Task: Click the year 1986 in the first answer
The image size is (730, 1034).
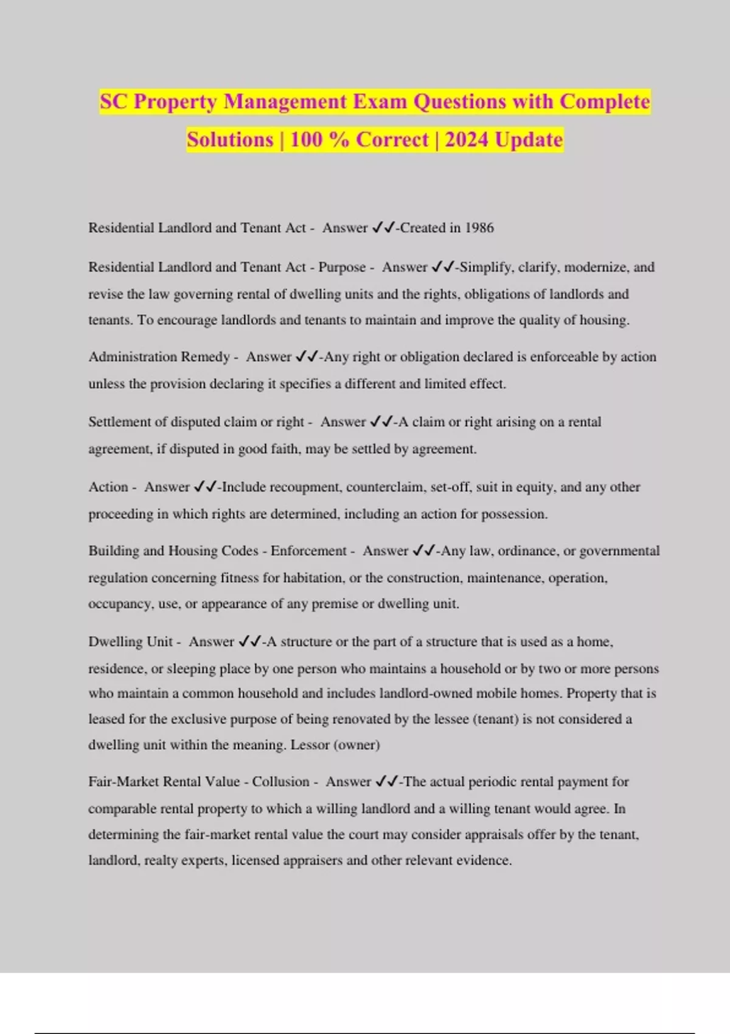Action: pos(479,228)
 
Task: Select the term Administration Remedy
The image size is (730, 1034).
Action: pos(159,357)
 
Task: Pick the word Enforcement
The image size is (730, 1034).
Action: pos(308,551)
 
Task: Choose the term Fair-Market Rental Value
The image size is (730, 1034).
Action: pos(164,782)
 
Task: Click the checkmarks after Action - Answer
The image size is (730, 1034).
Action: pos(205,487)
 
